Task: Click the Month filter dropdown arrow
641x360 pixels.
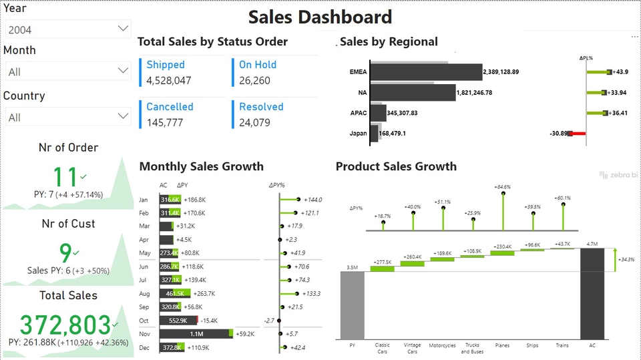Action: click(x=123, y=70)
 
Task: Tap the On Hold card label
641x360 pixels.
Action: click(x=258, y=65)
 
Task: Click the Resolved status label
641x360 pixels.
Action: click(x=261, y=107)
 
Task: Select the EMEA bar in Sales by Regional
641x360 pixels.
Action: click(x=425, y=72)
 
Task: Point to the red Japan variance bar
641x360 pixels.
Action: click(x=578, y=134)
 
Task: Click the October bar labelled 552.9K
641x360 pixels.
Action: click(x=178, y=321)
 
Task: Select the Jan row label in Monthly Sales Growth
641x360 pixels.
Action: click(x=144, y=200)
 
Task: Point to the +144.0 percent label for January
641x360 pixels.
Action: click(x=312, y=200)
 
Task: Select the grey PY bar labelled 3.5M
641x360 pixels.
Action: click(x=352, y=305)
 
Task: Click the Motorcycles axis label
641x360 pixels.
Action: click(x=442, y=346)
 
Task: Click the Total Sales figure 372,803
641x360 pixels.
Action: click(x=65, y=325)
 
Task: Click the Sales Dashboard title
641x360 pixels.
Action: click(x=320, y=17)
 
